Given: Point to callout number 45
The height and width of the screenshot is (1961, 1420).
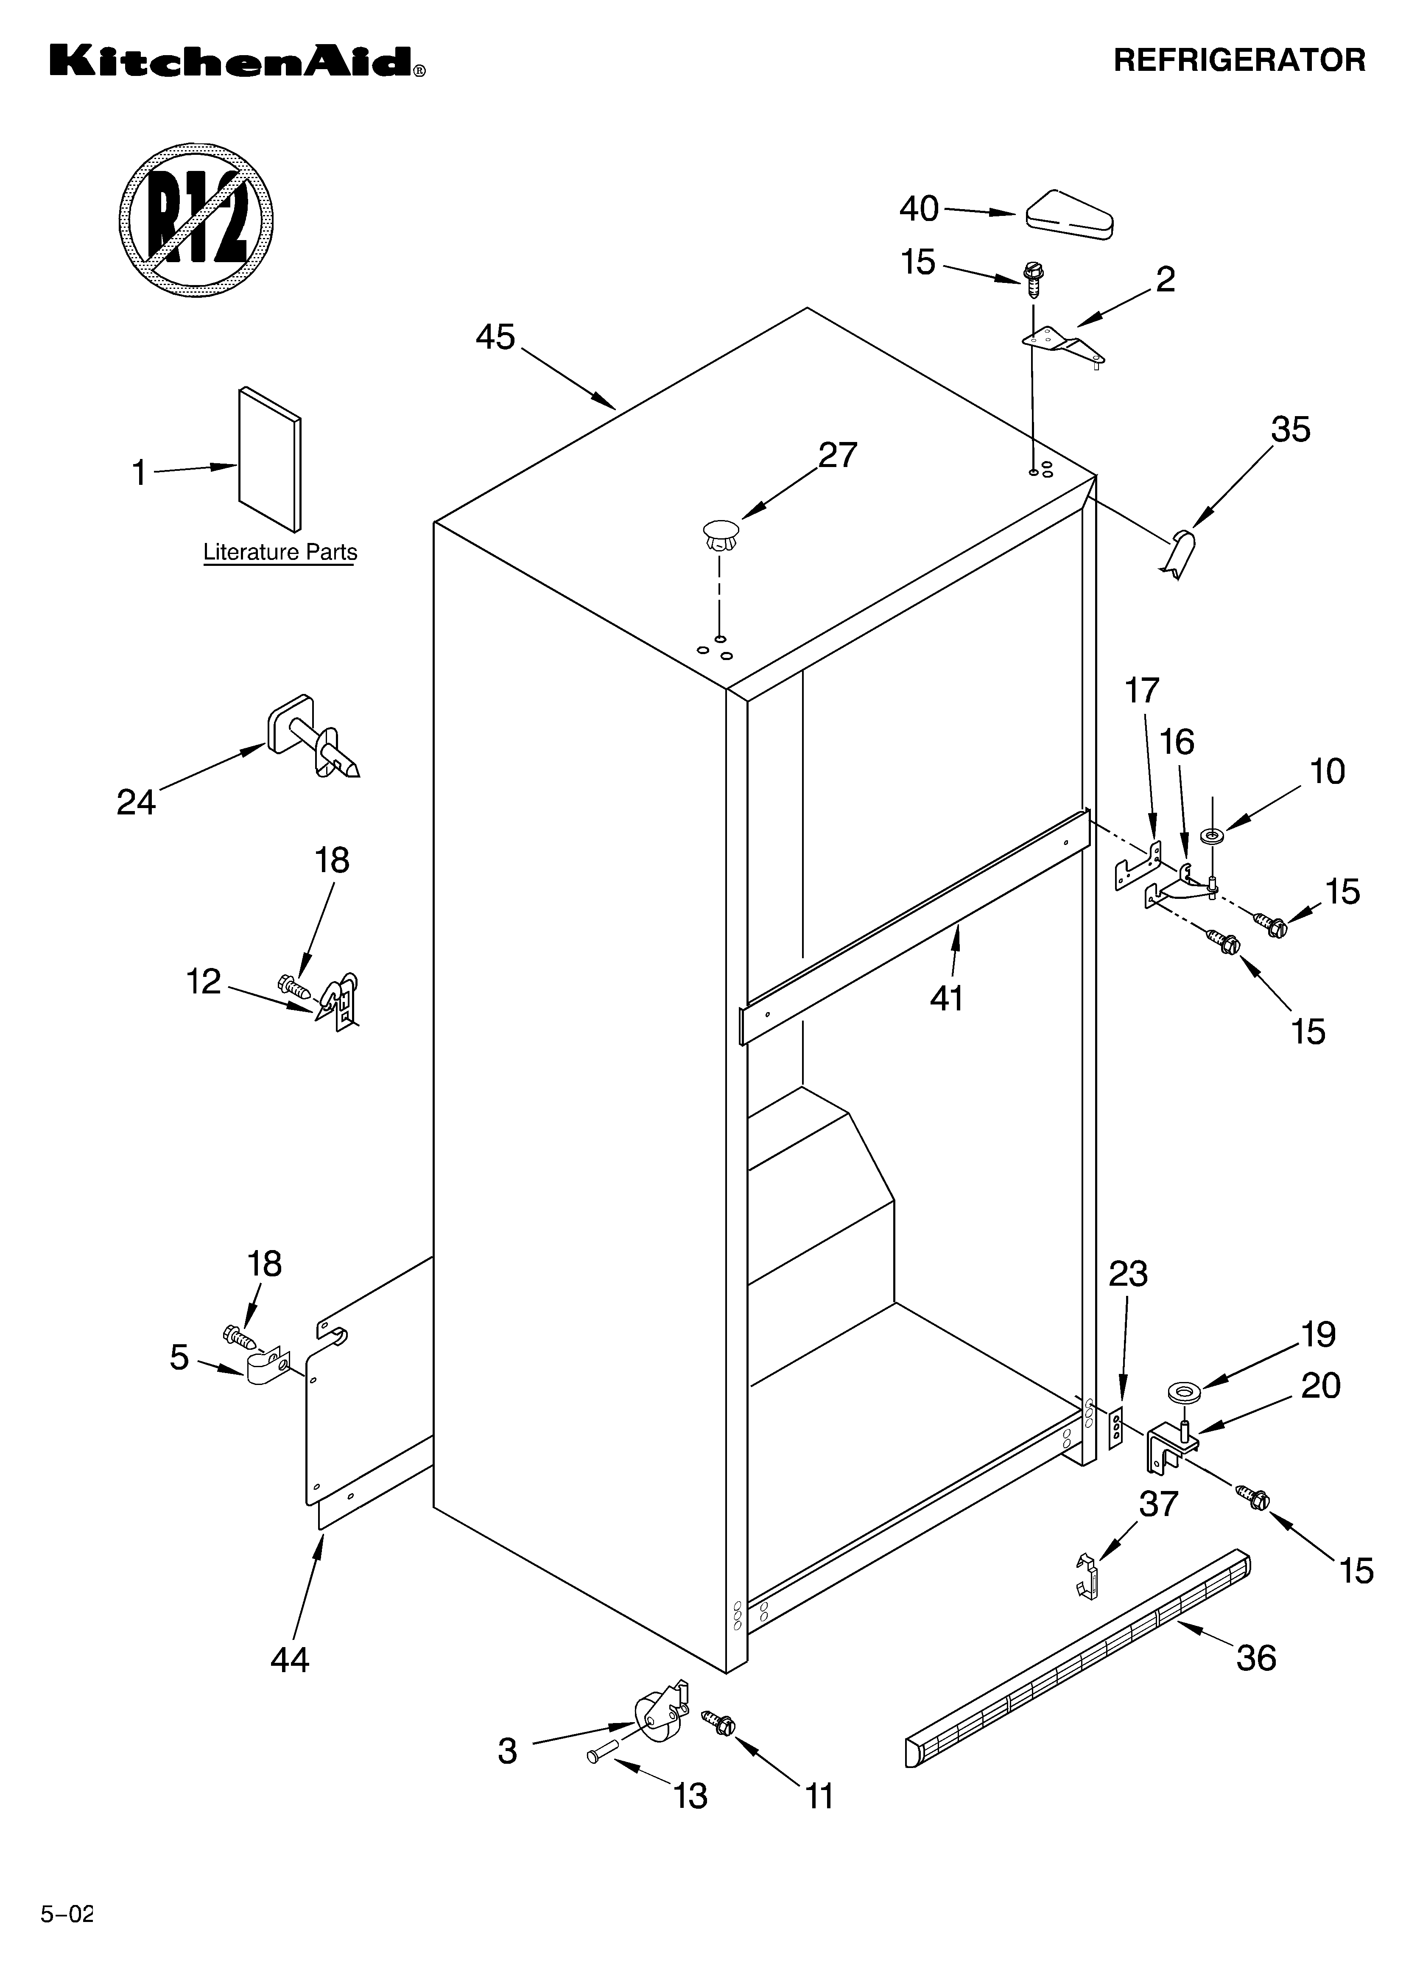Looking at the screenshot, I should point(495,337).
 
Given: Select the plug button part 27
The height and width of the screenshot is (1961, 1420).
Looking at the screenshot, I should point(721,534).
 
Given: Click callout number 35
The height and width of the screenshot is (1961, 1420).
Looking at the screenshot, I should point(1289,430).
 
